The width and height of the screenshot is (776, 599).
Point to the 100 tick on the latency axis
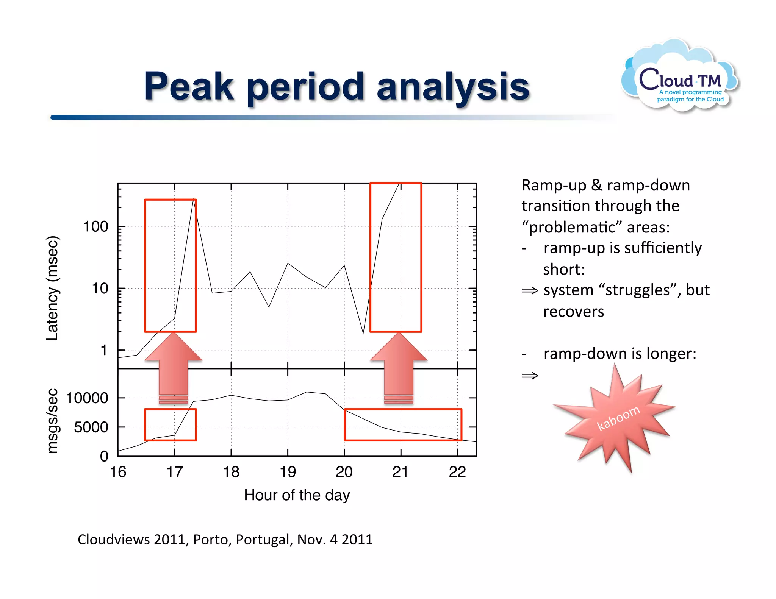point(96,226)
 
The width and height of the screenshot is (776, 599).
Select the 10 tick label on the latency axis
point(100,289)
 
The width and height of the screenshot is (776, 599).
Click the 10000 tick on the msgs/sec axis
point(88,398)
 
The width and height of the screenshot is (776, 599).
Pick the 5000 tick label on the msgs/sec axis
point(91,427)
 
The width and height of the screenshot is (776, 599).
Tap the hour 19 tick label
point(288,472)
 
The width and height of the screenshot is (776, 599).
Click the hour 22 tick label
point(457,472)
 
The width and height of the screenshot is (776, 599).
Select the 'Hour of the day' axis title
point(297,495)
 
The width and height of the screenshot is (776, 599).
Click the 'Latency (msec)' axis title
point(52,288)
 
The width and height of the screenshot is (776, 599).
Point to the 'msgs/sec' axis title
point(52,421)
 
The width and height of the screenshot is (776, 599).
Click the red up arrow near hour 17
point(174,365)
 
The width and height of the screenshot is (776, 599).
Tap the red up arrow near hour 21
point(399,365)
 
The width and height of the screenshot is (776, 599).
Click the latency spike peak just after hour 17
point(194,200)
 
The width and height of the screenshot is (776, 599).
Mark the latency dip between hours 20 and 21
point(363,333)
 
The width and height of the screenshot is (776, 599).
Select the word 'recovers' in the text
point(573,311)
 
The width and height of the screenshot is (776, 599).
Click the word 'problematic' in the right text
point(572,227)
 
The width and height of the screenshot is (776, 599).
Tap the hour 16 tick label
point(118,472)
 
